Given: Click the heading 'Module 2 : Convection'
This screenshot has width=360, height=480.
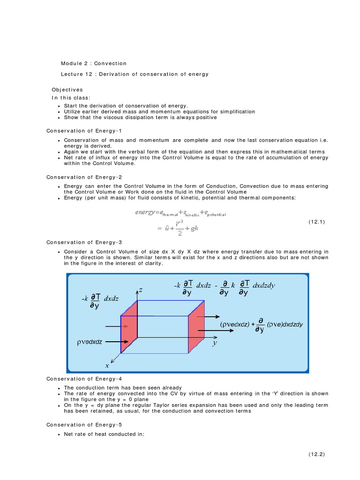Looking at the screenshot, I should pyautogui.click(x=94, y=63).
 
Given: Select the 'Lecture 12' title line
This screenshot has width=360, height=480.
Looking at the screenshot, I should pyautogui.click(x=135, y=74).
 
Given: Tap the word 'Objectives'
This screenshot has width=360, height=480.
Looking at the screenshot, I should pyautogui.click(x=67, y=90).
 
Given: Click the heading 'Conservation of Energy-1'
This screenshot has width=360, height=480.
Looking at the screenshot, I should pyautogui.click(x=84, y=130).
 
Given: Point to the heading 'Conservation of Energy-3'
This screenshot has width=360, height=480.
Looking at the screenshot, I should pyautogui.click(x=84, y=242).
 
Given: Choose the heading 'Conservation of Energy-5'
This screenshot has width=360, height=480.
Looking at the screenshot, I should pyautogui.click(x=84, y=425).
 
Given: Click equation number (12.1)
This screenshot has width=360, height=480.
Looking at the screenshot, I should pyautogui.click(x=316, y=222).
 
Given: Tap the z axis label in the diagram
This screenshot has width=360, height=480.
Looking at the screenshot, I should pyautogui.click(x=140, y=291).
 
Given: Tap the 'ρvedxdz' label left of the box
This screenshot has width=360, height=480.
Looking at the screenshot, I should pyautogui.click(x=90, y=342).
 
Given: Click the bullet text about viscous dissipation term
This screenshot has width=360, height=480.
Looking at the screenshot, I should pyautogui.click(x=140, y=118).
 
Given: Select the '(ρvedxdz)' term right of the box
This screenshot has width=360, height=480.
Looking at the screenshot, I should pyautogui.click(x=234, y=324).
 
